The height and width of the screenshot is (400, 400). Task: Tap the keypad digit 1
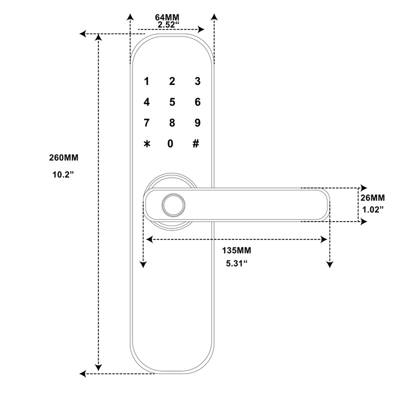tap(146, 81)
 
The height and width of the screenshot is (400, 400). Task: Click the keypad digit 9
tap(197, 123)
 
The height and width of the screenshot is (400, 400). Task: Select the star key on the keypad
tap(146, 144)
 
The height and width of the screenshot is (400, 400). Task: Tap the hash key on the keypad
tap(196, 144)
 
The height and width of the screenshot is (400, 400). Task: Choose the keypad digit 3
tap(197, 81)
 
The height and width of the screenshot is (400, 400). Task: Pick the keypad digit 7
tap(146, 123)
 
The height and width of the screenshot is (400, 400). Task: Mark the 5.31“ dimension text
tap(237, 263)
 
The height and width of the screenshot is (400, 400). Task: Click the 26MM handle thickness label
tap(372, 197)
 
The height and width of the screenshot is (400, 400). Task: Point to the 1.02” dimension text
tap(372, 209)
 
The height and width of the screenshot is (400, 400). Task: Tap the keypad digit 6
tap(197, 102)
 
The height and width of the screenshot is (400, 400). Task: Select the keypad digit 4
tap(146, 102)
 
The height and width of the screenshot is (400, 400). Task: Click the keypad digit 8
tap(172, 123)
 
